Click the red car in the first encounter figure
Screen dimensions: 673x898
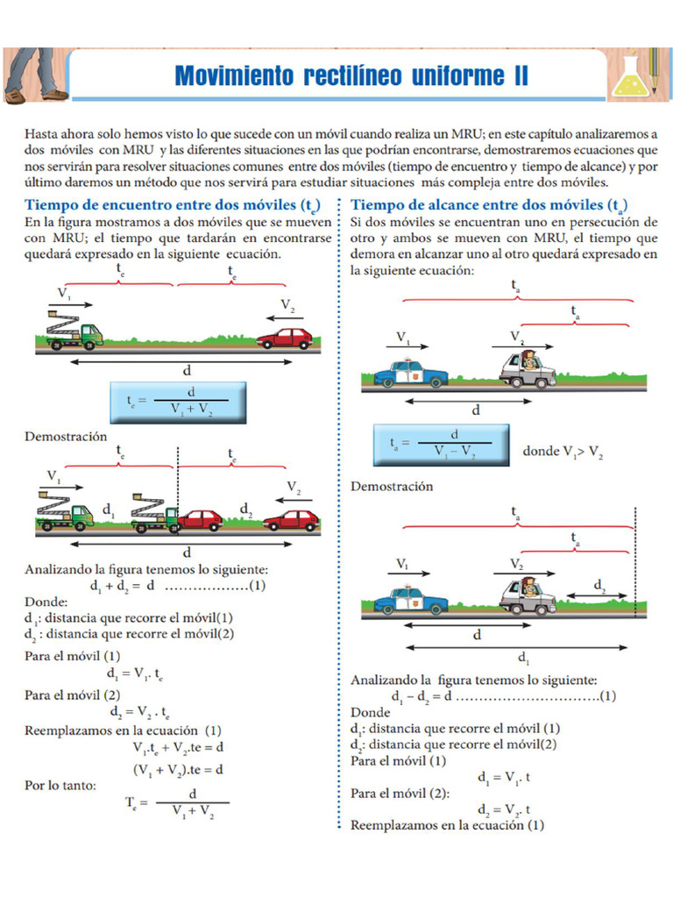(285, 338)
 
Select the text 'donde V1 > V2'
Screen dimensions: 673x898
(562, 452)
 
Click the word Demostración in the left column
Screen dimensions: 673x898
(66, 437)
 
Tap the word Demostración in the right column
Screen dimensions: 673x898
(392, 486)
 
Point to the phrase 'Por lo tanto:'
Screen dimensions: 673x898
(60, 786)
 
